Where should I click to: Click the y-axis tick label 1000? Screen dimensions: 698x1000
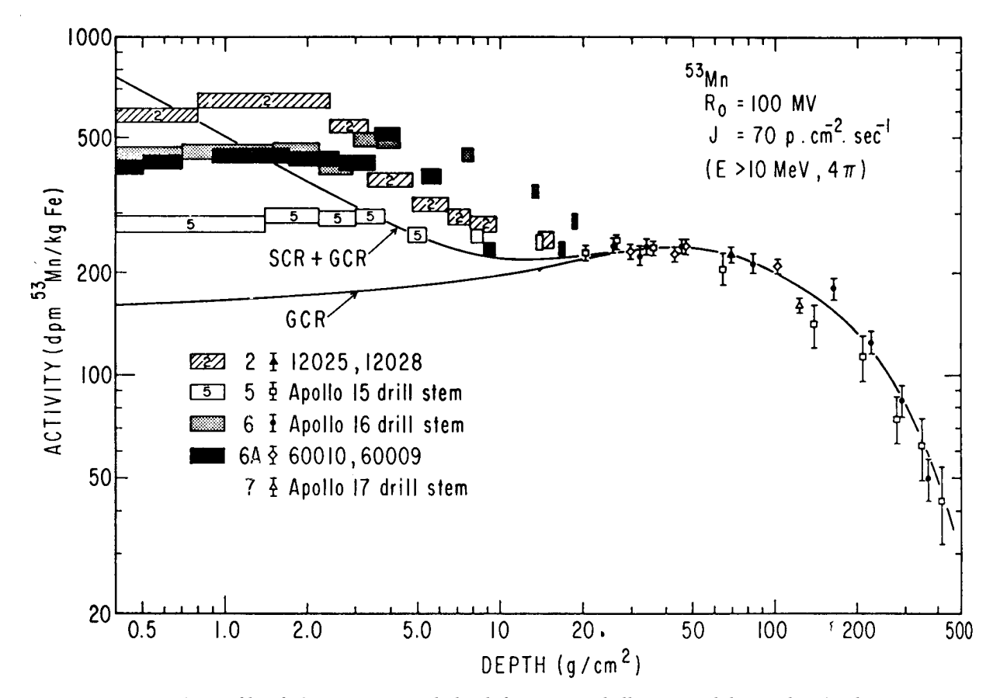[81, 36]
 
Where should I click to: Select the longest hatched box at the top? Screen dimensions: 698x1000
[264, 100]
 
